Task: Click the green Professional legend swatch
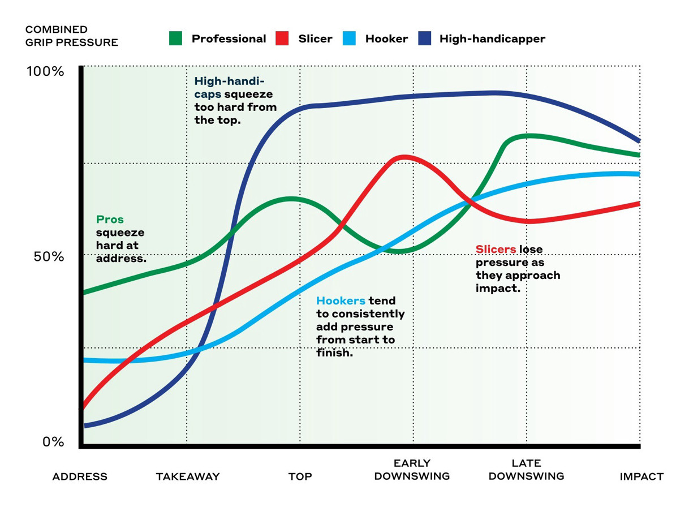(176, 39)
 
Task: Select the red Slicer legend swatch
(282, 39)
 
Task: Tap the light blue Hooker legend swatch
(349, 39)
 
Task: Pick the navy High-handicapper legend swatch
(424, 39)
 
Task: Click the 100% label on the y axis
(46, 72)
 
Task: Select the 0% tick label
(54, 441)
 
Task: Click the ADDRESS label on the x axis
(80, 476)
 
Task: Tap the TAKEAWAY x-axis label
(187, 476)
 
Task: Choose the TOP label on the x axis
(300, 476)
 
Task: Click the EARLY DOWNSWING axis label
(412, 470)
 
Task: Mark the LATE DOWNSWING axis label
(526, 470)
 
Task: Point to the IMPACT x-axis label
(641, 476)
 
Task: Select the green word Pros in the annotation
(110, 220)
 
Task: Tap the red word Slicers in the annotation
(496, 250)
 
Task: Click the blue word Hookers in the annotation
(341, 301)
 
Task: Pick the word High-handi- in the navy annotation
(229, 80)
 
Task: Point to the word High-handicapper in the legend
(492, 39)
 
